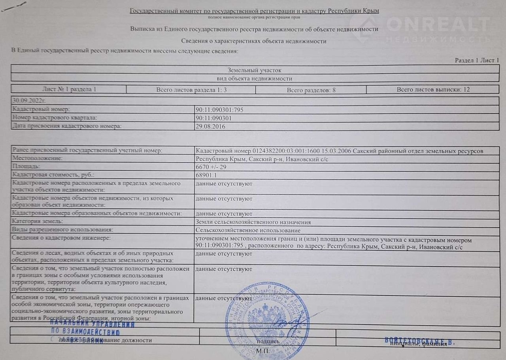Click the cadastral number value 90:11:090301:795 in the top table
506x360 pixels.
point(219,110)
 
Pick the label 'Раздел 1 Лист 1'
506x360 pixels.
point(477,60)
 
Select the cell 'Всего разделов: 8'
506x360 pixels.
point(311,90)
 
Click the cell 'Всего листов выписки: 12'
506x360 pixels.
point(433,89)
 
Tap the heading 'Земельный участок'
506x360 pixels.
point(255,70)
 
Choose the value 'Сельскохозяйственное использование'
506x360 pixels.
point(248,230)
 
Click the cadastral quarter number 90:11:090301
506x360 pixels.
point(213,118)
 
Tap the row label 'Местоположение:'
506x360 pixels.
point(38,158)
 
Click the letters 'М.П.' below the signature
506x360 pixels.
point(262,351)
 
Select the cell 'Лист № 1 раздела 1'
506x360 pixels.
point(69,89)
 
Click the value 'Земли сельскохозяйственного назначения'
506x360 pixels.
point(253,222)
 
